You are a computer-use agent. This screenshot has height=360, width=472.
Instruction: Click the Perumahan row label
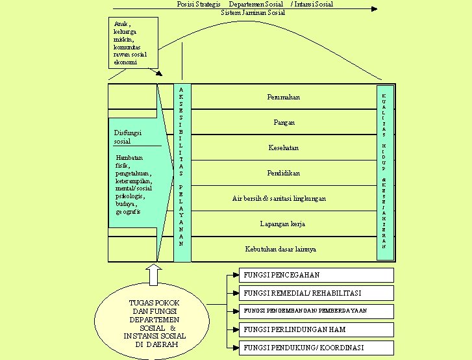[x=283, y=97]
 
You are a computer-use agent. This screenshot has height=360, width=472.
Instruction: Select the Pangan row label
[x=284, y=122]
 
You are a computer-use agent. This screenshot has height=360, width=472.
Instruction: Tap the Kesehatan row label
[x=283, y=148]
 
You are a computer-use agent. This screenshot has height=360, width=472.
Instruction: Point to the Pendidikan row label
[x=283, y=173]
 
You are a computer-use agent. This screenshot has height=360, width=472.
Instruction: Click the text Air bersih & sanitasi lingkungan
[x=279, y=198]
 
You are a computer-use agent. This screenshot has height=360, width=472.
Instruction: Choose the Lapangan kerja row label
[x=282, y=224]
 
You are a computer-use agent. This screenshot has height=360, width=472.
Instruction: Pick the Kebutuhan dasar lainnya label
[x=280, y=249]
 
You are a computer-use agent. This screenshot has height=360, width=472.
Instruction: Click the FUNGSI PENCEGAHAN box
[x=316, y=275]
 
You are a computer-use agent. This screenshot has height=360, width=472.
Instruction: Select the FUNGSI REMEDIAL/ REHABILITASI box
[x=316, y=293]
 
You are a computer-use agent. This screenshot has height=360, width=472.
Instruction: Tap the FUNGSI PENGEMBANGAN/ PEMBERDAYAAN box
[x=316, y=311]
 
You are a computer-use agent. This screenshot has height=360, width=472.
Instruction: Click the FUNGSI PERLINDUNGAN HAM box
[x=316, y=329]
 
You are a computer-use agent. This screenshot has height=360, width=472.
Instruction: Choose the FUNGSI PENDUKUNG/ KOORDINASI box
[x=316, y=347]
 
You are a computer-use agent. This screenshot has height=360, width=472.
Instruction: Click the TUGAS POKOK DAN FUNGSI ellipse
[x=154, y=323]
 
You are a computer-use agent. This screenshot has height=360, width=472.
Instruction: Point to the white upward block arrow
[x=154, y=274]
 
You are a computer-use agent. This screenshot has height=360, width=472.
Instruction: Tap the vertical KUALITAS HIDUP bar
[x=385, y=172]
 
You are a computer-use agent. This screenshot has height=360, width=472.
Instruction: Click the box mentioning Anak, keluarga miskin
[x=134, y=43]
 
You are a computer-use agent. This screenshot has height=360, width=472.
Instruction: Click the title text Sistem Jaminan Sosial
[x=253, y=12]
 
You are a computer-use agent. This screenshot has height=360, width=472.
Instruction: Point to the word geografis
[x=130, y=212]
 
